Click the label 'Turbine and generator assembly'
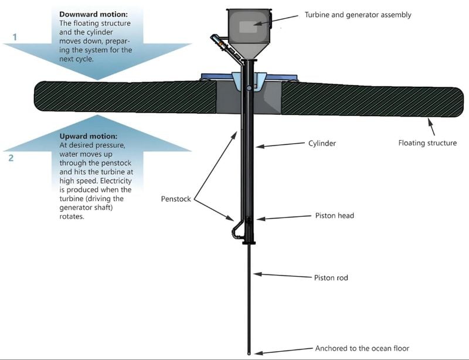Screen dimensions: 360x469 (x=358, y=15)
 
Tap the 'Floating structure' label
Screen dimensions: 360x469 (x=427, y=142)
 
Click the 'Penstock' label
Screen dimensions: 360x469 (x=175, y=199)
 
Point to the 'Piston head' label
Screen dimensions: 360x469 (x=334, y=216)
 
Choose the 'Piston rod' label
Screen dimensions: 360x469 (x=331, y=277)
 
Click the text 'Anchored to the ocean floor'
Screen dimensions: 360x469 (x=362, y=348)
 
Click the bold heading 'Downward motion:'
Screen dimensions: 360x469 (x=93, y=13)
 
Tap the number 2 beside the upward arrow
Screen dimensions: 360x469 (x=11, y=158)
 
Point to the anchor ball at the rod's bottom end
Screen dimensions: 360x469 (x=250, y=354)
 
